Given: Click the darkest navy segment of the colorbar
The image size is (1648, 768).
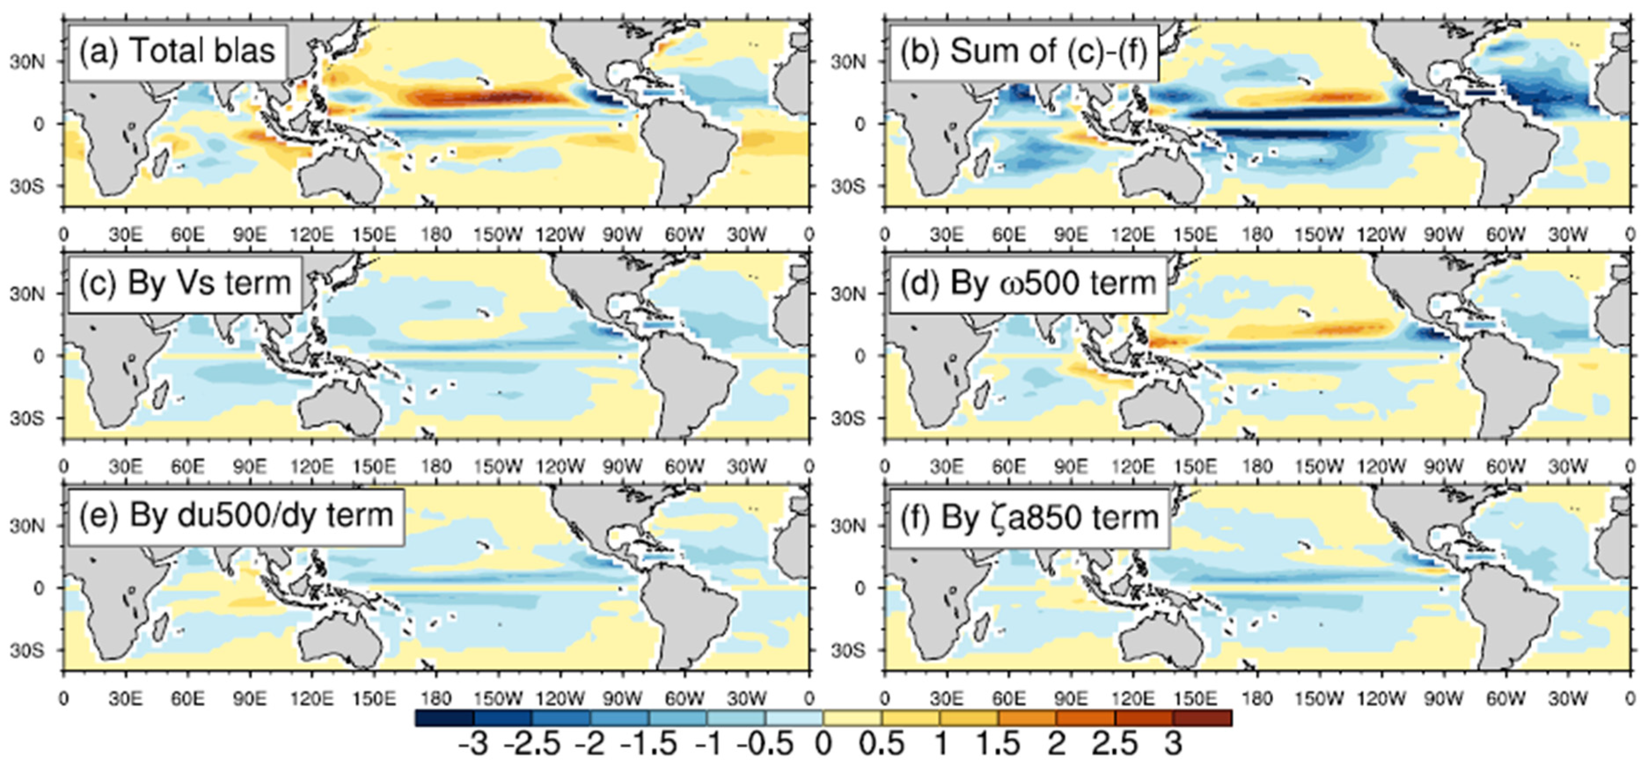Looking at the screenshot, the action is point(444,717).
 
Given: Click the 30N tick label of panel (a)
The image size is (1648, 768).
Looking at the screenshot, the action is point(26,62).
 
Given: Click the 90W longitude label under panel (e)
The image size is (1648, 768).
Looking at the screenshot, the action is point(623,699).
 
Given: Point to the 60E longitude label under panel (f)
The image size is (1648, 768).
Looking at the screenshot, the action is point(1009,699).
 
